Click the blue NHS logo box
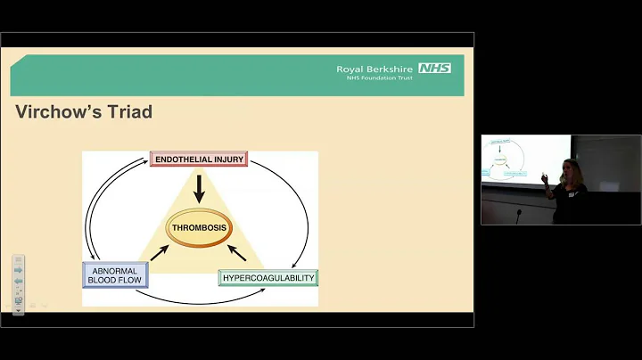(434, 68)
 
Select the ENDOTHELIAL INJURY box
(198, 160)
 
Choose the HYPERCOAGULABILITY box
(267, 278)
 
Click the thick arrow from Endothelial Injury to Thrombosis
(200, 186)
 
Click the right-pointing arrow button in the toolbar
(18, 270)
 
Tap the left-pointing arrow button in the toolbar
(18, 281)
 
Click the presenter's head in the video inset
(570, 167)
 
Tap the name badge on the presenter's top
(577, 191)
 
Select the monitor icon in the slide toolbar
(18, 301)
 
